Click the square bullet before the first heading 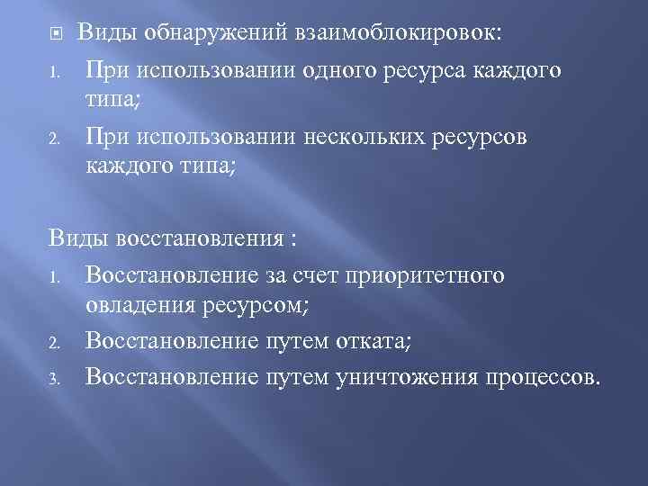[x=52, y=34]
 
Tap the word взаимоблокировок [x=397, y=33]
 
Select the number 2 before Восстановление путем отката [x=53, y=343]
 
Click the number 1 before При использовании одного [x=53, y=71]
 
